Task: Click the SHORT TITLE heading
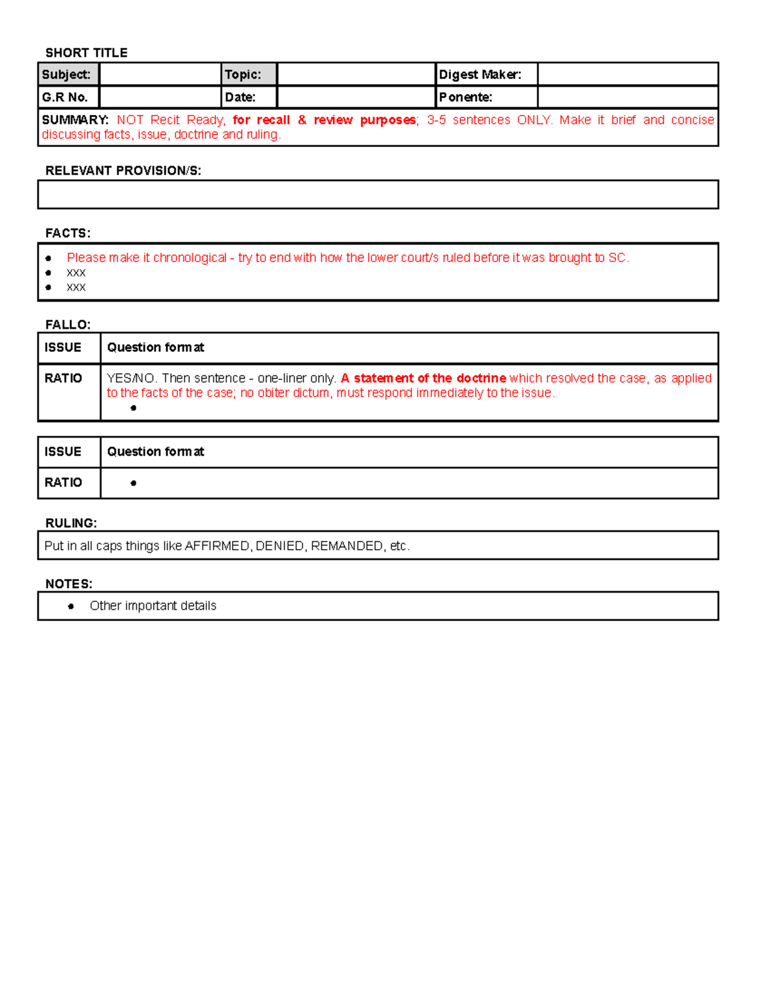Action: click(86, 53)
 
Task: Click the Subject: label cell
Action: click(68, 74)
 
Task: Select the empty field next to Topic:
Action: click(356, 74)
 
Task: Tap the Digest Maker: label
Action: click(479, 74)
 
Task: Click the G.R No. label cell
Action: click(68, 98)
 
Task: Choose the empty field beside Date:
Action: click(356, 98)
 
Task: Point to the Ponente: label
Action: click(465, 98)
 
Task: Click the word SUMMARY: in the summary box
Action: click(75, 120)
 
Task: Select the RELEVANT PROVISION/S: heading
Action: click(123, 171)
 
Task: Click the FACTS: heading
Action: click(67, 233)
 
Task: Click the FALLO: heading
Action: click(67, 325)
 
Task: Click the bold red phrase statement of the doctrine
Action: click(429, 379)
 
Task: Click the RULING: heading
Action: click(71, 523)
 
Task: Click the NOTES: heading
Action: click(68, 584)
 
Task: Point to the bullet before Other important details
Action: click(71, 607)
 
